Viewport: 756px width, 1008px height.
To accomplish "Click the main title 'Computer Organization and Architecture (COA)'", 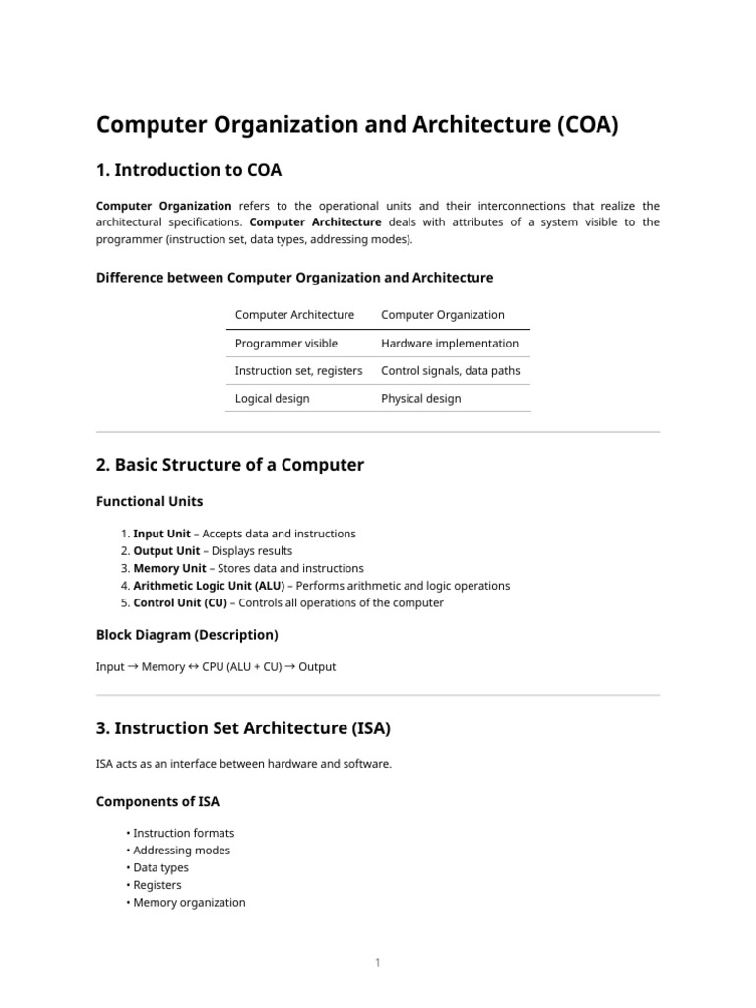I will click(356, 127).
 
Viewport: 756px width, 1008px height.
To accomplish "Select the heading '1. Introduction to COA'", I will click(189, 171).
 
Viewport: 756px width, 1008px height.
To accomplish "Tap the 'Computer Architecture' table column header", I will click(294, 315).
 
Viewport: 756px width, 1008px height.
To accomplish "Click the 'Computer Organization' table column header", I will click(442, 315).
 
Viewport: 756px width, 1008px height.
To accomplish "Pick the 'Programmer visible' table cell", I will click(285, 344).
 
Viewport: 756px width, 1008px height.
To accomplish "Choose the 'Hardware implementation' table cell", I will click(449, 344).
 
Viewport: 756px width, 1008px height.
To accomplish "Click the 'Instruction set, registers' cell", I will click(298, 371).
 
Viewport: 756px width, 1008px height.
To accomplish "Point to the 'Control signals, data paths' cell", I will click(450, 371).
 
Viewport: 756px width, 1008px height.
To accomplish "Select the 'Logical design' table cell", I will click(272, 399).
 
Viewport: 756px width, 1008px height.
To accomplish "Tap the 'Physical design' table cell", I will click(420, 399).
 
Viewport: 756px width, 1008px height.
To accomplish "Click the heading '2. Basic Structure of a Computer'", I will click(230, 465).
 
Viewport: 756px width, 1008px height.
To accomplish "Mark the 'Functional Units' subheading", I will click(150, 502).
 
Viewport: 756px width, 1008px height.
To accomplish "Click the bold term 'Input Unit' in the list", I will click(161, 534).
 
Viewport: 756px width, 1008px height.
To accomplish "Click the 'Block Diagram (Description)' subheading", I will click(187, 634).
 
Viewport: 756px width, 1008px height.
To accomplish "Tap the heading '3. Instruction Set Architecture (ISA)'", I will click(243, 728).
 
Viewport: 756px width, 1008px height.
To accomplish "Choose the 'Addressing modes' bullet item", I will click(181, 850).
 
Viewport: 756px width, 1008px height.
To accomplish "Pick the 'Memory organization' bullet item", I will click(189, 903).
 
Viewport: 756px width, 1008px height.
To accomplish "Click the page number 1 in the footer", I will click(377, 963).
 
